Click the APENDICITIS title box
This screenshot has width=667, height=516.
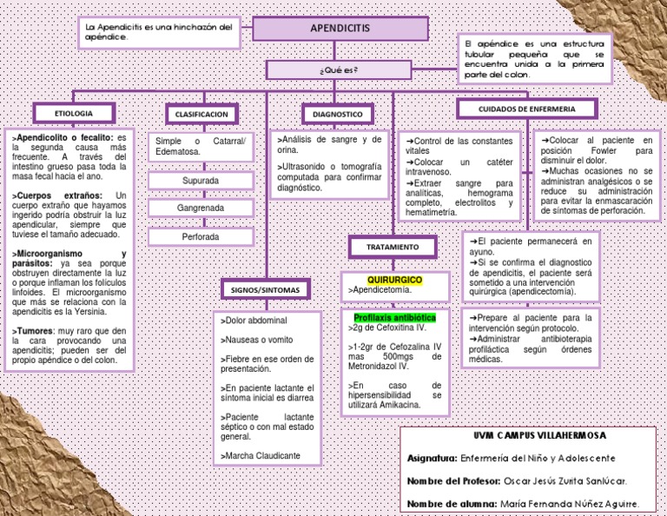[x=340, y=29]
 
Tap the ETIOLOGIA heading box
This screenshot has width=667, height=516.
[x=74, y=113]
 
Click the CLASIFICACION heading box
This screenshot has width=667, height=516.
[x=201, y=114]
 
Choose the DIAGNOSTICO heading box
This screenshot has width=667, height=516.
[x=338, y=114]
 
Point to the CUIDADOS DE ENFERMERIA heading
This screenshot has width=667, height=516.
[x=526, y=109]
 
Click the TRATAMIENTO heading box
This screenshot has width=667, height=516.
[x=392, y=248]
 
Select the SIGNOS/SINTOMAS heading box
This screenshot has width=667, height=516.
[x=265, y=288]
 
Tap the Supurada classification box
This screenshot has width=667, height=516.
[x=201, y=181]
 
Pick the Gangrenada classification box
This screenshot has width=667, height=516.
[x=201, y=208]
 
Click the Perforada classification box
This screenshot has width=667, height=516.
[x=201, y=236]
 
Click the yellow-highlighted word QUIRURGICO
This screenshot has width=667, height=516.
[x=394, y=281]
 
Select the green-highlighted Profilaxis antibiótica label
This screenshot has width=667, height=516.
[x=395, y=318]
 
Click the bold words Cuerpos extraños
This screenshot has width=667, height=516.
[x=56, y=195]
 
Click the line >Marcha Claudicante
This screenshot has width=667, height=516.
[x=261, y=455]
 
